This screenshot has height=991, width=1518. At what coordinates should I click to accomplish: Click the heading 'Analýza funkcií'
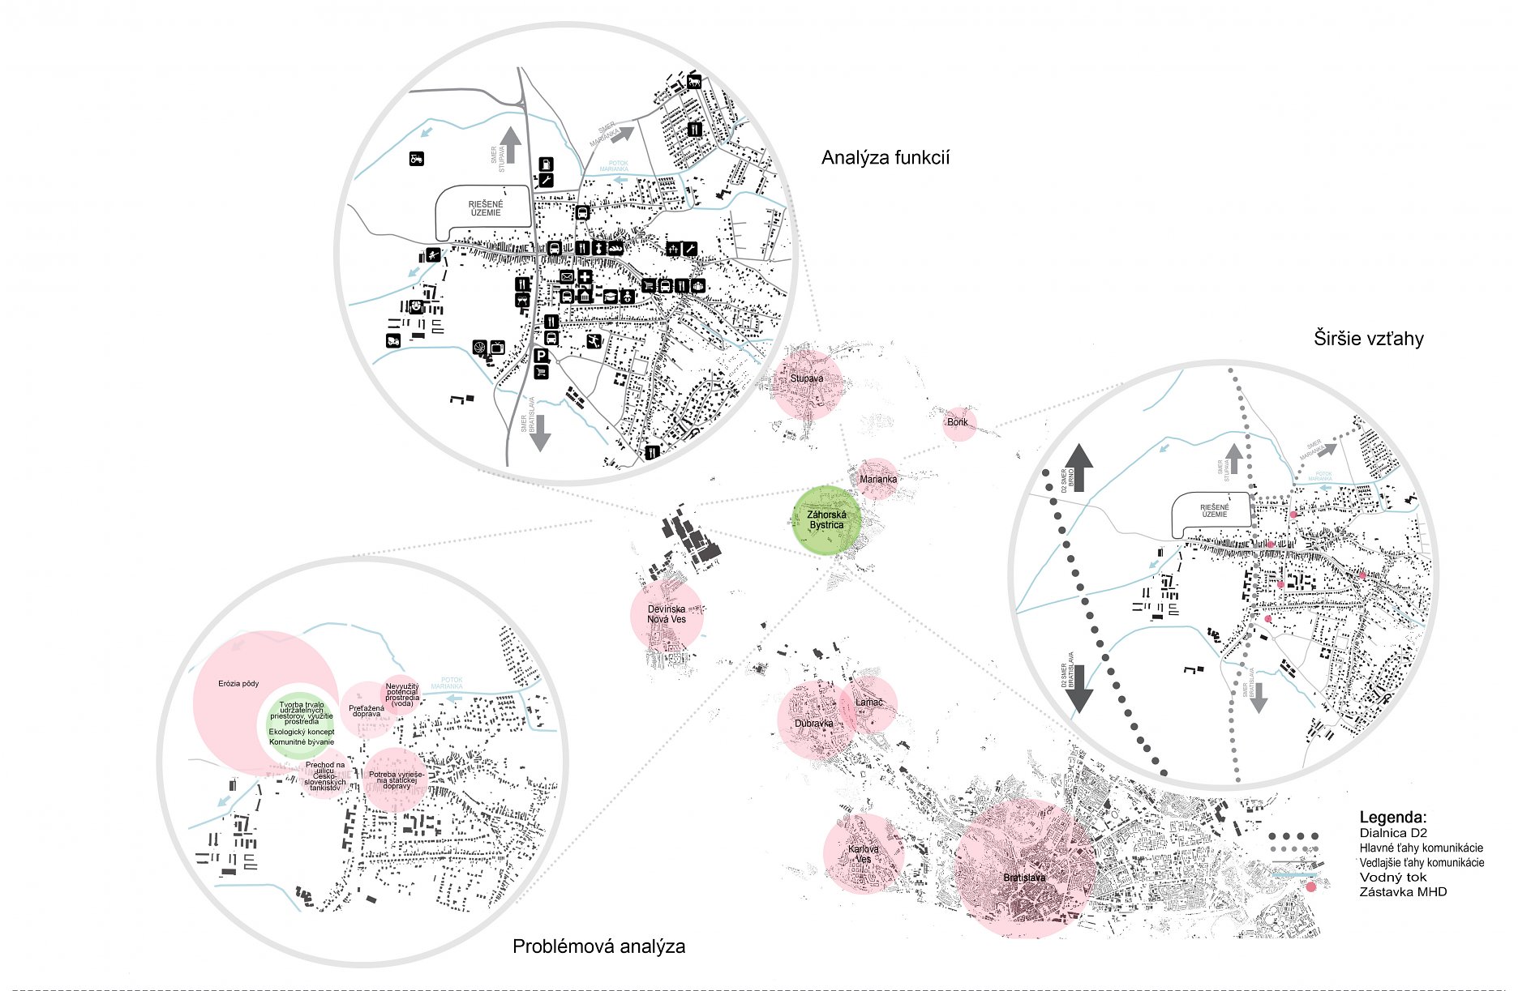click(x=885, y=157)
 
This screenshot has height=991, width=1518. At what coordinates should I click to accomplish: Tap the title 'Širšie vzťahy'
click(x=1368, y=338)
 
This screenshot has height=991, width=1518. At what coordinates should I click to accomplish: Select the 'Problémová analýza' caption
click(x=598, y=946)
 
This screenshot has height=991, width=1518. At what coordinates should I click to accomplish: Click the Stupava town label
click(x=807, y=378)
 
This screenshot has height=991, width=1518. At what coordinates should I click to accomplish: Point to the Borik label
click(x=958, y=422)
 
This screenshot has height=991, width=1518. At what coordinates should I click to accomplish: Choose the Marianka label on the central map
click(x=878, y=479)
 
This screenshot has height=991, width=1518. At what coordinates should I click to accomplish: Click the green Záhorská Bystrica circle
click(x=826, y=519)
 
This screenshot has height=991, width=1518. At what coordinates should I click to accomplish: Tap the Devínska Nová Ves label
click(x=666, y=613)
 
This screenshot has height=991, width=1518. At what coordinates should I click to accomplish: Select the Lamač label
click(x=868, y=702)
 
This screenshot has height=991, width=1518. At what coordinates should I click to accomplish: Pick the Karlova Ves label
click(x=864, y=853)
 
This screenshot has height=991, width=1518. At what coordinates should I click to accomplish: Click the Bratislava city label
click(x=1023, y=878)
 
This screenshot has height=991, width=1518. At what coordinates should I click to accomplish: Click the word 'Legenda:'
click(x=1392, y=817)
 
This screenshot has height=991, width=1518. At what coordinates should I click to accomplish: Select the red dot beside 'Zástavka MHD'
click(x=1311, y=887)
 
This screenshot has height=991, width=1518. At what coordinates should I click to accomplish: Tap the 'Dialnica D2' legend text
click(x=1392, y=832)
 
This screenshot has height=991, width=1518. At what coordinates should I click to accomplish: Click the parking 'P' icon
click(x=541, y=356)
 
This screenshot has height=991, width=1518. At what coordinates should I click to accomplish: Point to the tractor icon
click(x=417, y=159)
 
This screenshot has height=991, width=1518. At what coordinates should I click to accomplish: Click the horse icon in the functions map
click(x=694, y=82)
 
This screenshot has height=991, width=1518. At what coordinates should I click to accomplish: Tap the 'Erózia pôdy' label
click(x=238, y=683)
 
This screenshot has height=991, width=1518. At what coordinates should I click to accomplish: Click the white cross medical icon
click(x=585, y=277)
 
